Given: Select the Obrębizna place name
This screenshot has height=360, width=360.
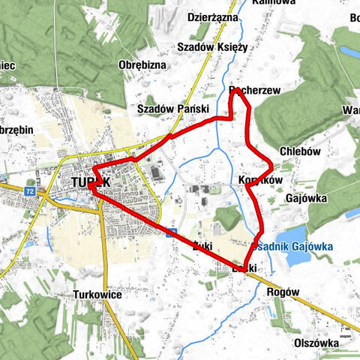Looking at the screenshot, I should pyautogui.click(x=142, y=65).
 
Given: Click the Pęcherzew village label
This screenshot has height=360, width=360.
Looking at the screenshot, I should pyautogui.click(x=254, y=90).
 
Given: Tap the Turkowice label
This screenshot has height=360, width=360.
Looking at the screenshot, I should pyautogui.click(x=98, y=295).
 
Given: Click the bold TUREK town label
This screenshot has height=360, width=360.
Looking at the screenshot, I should pyautogui.click(x=92, y=182).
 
